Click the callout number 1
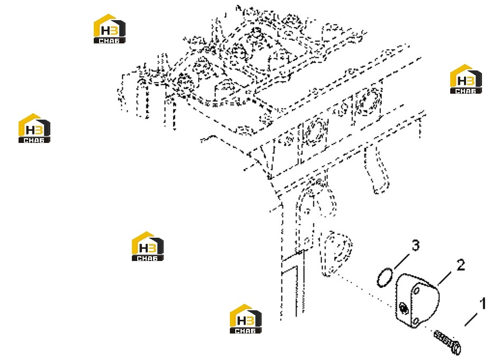tap(483, 304)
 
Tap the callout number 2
tap(460, 265)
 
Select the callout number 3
tap(415, 246)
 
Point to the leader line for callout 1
tap(471, 320)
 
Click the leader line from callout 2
tap(444, 278)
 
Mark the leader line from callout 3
tap(401, 261)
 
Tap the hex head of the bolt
tap(456, 347)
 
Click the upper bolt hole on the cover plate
tap(416, 291)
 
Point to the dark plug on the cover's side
tap(403, 308)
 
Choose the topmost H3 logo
tap(109, 29)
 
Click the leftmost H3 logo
tap(34, 128)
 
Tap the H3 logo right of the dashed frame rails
tap(466, 79)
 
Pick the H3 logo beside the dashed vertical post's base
tap(246, 319)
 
